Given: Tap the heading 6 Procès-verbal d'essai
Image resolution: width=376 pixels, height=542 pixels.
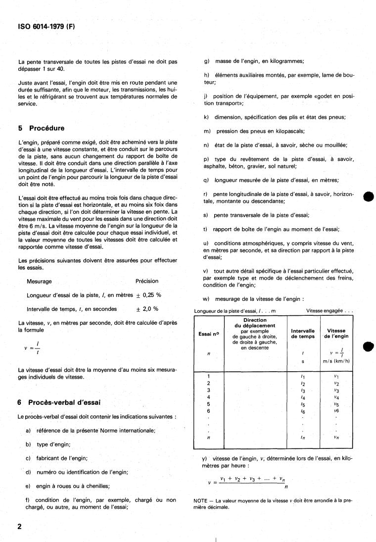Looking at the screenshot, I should [59, 402].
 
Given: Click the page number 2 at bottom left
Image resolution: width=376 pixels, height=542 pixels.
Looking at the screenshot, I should [20, 526].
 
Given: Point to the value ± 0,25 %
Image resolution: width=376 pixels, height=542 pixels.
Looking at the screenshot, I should [147, 295].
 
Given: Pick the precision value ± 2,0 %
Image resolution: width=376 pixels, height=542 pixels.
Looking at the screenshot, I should [147, 309].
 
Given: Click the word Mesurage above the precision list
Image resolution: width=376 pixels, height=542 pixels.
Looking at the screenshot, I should [39, 281].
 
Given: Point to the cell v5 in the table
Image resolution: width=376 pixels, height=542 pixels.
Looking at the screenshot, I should [336, 404].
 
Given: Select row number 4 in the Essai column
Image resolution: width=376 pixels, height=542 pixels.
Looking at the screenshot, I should [208, 397].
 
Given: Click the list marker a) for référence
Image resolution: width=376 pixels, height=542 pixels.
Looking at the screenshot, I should [29, 431].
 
